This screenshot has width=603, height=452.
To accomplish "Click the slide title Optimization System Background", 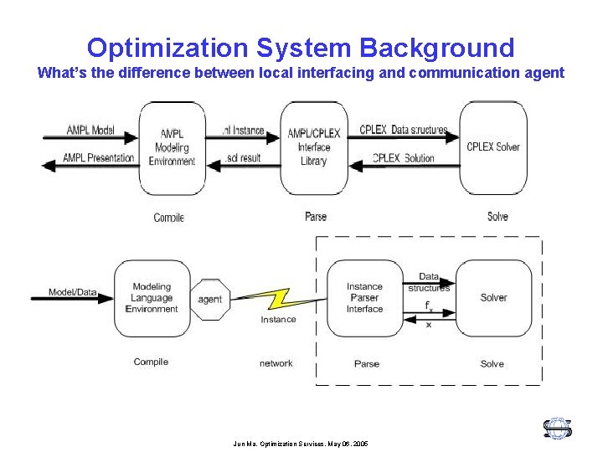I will (x=301, y=47).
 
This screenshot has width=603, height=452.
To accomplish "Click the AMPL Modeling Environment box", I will (x=172, y=147).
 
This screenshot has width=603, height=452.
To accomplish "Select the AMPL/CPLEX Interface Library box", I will (x=313, y=147).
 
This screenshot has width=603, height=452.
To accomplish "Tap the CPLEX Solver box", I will (x=493, y=147).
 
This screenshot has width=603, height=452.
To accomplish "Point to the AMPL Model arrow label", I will (x=90, y=131).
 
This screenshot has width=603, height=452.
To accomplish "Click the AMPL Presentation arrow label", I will (x=98, y=158).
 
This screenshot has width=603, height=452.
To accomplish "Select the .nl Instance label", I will (x=243, y=131).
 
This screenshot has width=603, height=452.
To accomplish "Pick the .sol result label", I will (x=244, y=158).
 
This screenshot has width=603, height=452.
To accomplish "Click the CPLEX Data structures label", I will (x=403, y=131).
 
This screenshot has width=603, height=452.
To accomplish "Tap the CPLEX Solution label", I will (x=404, y=158).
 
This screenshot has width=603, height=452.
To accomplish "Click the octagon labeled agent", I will (x=210, y=299).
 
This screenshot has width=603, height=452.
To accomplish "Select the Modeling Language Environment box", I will (x=152, y=298).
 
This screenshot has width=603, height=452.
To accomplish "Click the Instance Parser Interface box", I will (x=364, y=298).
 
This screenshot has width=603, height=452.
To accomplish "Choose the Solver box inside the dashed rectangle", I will (x=493, y=298).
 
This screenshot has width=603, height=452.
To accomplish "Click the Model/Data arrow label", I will (x=72, y=293).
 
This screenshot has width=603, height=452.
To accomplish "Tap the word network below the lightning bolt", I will (x=276, y=363).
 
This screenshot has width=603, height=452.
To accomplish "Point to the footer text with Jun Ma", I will (x=301, y=444).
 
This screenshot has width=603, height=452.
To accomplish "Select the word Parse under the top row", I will (x=316, y=217).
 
